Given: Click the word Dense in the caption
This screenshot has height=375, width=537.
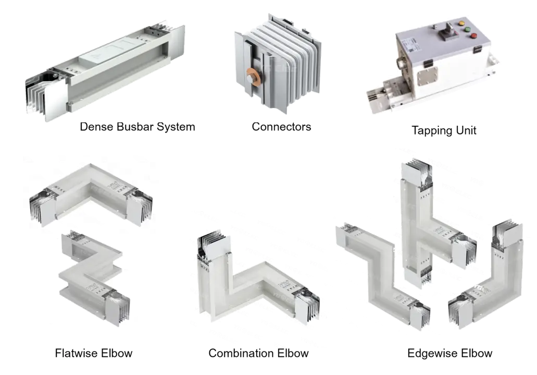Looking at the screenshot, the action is tap(96, 127).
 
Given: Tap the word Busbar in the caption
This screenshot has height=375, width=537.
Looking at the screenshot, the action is tap(135, 127).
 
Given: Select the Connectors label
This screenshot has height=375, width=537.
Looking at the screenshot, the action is tap(281, 127).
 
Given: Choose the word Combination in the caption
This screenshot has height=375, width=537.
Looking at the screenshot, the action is tap(241, 353).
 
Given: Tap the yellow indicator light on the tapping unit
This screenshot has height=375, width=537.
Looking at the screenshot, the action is tap(461, 23).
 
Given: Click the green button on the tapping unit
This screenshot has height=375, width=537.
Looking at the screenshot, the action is tap(468, 29).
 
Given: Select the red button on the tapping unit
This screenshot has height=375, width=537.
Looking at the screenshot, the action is tap(474, 35).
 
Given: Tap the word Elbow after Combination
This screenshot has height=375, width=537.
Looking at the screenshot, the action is tap(293, 353).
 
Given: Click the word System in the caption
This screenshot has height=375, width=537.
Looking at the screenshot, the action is tap(176, 127).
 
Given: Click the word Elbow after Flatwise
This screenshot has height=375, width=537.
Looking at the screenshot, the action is tap(117, 353).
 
